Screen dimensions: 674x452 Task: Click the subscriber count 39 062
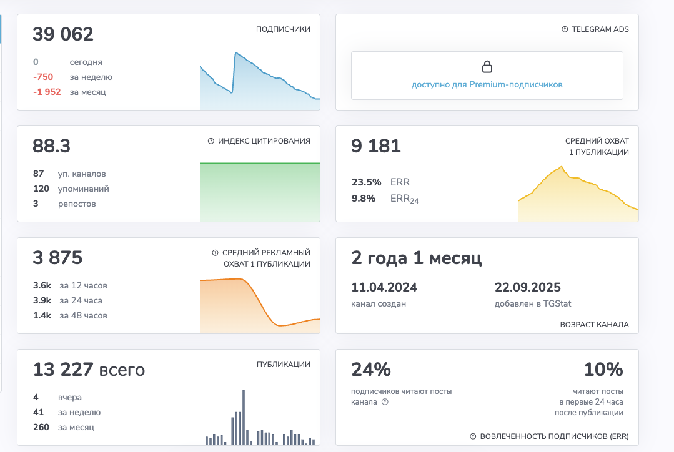[x=62, y=34]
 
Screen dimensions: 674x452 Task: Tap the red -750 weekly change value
[x=43, y=77]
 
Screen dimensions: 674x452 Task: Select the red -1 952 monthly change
[x=47, y=92]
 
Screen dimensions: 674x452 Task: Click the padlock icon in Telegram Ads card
[x=487, y=67]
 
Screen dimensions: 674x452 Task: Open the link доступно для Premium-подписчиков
[x=487, y=85]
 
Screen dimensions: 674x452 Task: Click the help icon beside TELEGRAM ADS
[x=565, y=29]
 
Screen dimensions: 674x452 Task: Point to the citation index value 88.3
[x=52, y=146]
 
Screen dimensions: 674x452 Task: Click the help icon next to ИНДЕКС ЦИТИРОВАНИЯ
[x=211, y=141]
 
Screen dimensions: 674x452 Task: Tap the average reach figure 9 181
[x=375, y=146]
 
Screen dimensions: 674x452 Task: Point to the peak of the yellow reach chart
[x=561, y=167]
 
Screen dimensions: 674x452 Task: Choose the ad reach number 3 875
[x=57, y=258]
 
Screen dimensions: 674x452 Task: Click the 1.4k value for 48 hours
[x=42, y=315]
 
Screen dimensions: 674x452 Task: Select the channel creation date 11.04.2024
[x=384, y=287]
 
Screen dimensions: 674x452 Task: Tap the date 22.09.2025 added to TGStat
[x=528, y=287]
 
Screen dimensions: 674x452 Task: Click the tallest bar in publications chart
[x=243, y=417]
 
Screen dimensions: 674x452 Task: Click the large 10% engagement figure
[x=603, y=370]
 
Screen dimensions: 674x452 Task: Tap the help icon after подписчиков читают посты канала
[x=385, y=402]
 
